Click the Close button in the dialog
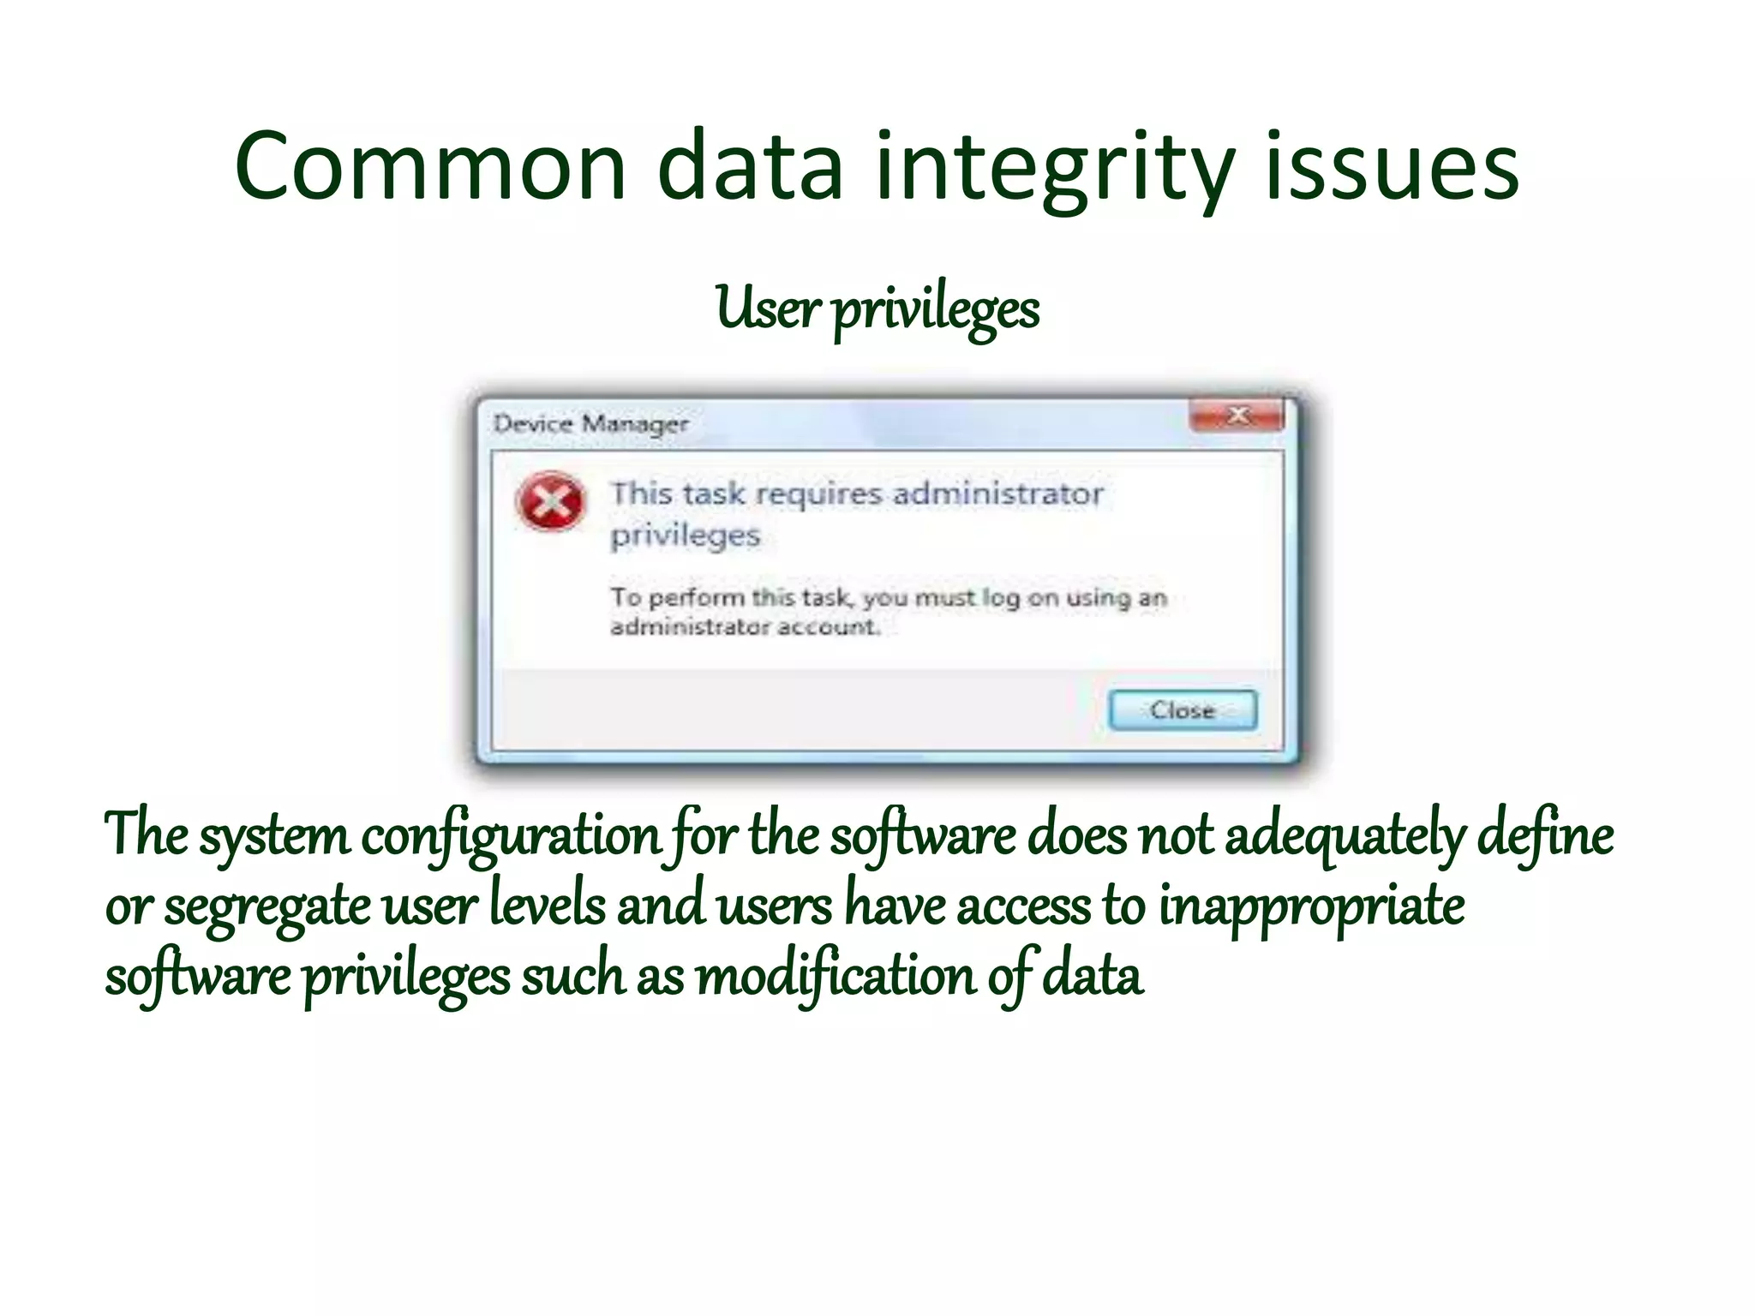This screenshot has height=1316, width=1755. tap(1183, 710)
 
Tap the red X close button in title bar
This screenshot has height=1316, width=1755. tap(1237, 416)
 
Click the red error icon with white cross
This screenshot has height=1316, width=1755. tap(551, 501)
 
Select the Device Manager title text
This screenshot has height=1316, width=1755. tap(590, 423)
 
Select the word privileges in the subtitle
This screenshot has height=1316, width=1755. tap(936, 310)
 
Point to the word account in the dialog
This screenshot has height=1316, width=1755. tap(828, 627)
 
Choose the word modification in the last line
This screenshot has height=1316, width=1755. tap(835, 977)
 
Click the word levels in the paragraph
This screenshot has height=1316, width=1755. tap(548, 906)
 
